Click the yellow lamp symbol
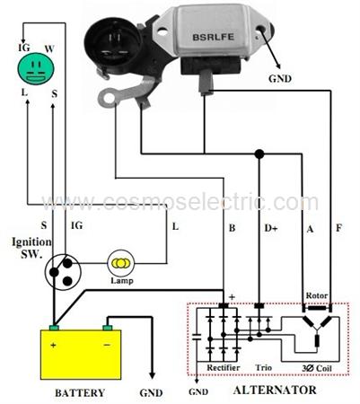click(121, 263)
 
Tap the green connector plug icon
click(36, 66)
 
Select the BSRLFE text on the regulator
click(213, 37)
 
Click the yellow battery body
click(81, 355)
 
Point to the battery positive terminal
click(54, 328)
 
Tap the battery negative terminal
click(108, 328)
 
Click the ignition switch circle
click(63, 271)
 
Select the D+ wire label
click(271, 228)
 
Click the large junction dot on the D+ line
click(259, 154)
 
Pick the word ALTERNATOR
click(275, 390)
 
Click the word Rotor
click(317, 295)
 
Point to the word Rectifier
click(224, 367)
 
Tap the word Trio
click(264, 367)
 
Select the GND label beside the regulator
click(280, 79)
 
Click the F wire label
click(338, 228)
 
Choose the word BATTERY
click(80, 392)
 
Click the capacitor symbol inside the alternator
click(197, 337)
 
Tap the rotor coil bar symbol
click(317, 308)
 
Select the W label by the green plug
click(49, 48)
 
